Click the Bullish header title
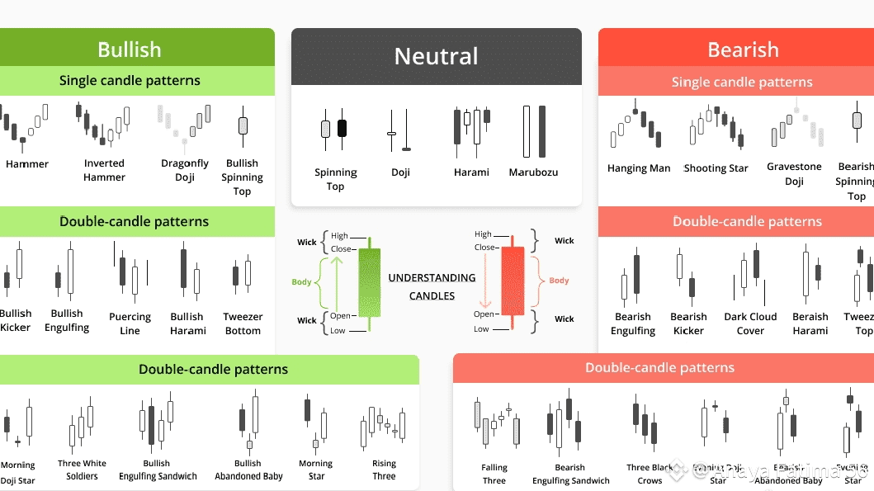click(130, 50)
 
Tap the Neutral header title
click(436, 56)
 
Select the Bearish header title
click(743, 50)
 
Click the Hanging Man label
click(639, 168)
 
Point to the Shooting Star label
click(716, 168)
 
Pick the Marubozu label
click(533, 172)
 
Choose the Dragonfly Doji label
click(185, 170)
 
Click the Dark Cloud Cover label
click(750, 323)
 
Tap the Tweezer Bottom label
click(243, 323)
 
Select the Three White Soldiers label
click(82, 470)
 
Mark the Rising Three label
click(384, 470)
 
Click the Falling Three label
click(494, 474)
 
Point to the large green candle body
click(369, 281)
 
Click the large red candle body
click(513, 280)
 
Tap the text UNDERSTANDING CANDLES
click(432, 286)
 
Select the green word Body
click(301, 282)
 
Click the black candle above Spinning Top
click(343, 128)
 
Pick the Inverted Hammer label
click(105, 170)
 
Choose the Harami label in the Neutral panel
click(471, 172)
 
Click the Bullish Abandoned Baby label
click(248, 470)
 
